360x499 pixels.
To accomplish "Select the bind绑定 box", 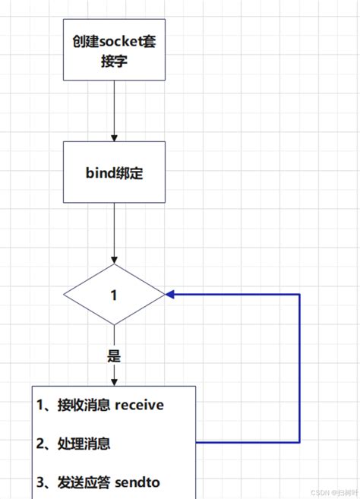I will pyautogui.click(x=114, y=173).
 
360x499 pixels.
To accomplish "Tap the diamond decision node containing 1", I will pyautogui.click(x=114, y=295).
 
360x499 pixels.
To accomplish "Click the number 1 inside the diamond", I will pyautogui.click(x=114, y=295).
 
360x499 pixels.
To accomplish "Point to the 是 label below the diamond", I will pyautogui.click(x=114, y=355).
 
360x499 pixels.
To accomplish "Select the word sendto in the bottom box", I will pyautogui.click(x=138, y=482).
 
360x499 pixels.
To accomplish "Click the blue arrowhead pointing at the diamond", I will pyautogui.click(x=171, y=294).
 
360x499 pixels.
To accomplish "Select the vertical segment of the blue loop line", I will pyautogui.click(x=300, y=368).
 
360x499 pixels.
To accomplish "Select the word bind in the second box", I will pyautogui.click(x=98, y=173).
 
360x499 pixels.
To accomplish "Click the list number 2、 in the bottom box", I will pyautogui.click(x=45, y=444).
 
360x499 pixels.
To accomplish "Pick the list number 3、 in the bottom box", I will pyautogui.click(x=45, y=482).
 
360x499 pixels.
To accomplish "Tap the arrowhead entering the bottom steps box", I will pyautogui.click(x=114, y=381).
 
